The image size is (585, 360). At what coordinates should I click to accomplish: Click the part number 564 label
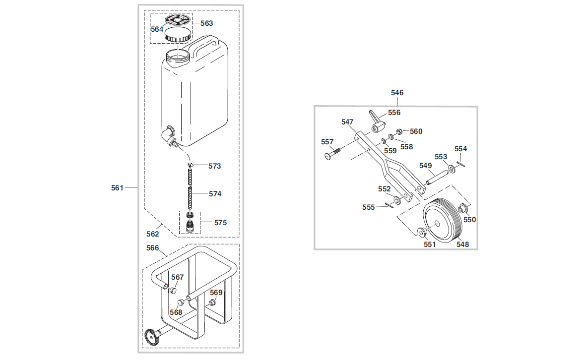pyautogui.click(x=157, y=29)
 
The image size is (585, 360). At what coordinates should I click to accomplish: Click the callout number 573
pyautogui.click(x=215, y=166)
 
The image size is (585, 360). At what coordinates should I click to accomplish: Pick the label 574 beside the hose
pyautogui.click(x=215, y=194)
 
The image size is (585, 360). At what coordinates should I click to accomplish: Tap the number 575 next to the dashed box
pyautogui.click(x=220, y=223)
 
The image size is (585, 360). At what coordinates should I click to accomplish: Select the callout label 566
pyautogui.click(x=152, y=247)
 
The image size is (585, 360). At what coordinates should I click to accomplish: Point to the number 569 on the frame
pyautogui.click(x=216, y=293)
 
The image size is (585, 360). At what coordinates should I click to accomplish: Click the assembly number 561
pyautogui.click(x=117, y=187)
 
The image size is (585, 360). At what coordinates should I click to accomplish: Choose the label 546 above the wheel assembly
pyautogui.click(x=397, y=93)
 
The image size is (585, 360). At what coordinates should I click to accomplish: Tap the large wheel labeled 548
pyautogui.click(x=443, y=221)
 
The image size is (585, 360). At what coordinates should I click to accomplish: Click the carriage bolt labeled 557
pyautogui.click(x=333, y=154)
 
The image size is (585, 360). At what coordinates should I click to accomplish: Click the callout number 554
pyautogui.click(x=460, y=149)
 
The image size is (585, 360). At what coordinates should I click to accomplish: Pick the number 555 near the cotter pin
pyautogui.click(x=368, y=207)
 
